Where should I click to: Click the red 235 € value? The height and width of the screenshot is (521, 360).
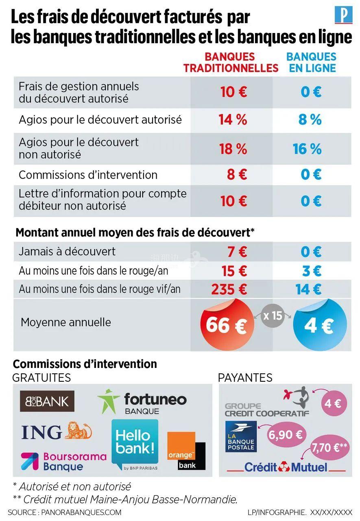coord(229,289)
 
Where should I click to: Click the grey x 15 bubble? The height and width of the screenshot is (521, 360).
coord(272,315)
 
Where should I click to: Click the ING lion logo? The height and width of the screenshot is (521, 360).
coord(57,431)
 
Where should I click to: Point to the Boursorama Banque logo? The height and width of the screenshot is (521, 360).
coord(63,461)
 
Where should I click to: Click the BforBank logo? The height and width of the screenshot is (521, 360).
coord(47,401)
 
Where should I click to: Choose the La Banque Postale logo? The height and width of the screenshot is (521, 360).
coord(241,436)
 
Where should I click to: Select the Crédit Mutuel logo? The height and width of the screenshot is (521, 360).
coord(286,467)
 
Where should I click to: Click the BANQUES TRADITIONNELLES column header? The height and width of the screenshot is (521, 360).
coord(231,62)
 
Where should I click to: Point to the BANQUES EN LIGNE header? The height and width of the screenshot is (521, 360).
coord(311,62)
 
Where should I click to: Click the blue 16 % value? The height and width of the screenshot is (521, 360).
coord(307,149)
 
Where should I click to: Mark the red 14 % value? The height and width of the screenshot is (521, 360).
coord(233,120)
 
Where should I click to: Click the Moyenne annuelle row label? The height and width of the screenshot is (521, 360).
coord(66,322)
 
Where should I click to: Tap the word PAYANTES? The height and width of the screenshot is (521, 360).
coord(245,377)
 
